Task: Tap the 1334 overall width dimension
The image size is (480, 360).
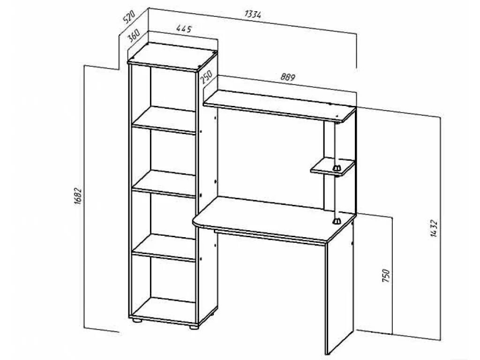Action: point(253,14)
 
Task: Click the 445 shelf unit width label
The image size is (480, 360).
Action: point(184,29)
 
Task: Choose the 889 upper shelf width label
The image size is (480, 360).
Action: point(287,77)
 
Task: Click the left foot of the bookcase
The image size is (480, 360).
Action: point(136,321)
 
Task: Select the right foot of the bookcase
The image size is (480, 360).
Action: point(193,327)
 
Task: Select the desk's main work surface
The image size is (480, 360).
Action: point(272,218)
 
